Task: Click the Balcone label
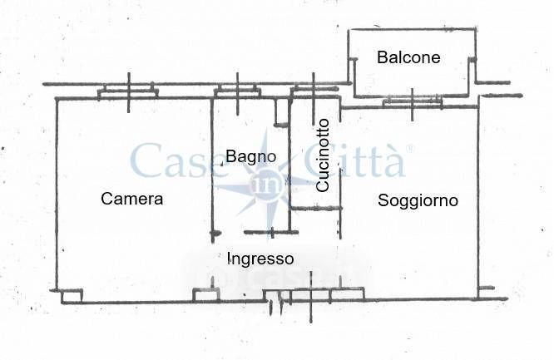[408, 57]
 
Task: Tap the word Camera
[131, 200]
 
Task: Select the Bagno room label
[250, 155]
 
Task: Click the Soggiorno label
[418, 200]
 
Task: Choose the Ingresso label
[260, 259]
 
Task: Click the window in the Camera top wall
[129, 91]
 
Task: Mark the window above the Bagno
[238, 91]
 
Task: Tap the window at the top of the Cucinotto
[314, 91]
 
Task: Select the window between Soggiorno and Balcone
[413, 102]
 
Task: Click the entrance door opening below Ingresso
[274, 297]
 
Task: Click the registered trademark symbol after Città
[408, 149]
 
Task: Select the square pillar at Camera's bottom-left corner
[72, 295]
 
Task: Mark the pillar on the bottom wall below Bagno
[205, 293]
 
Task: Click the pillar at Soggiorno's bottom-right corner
[486, 293]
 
